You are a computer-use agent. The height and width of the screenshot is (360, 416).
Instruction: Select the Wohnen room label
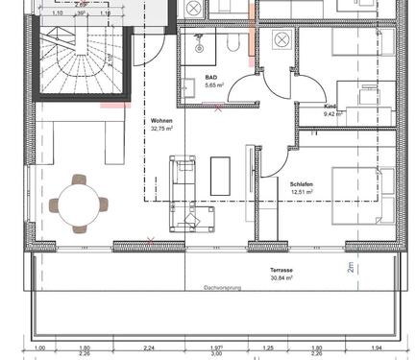tap(160, 121)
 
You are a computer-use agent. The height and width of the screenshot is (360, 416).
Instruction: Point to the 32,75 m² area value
tap(162, 129)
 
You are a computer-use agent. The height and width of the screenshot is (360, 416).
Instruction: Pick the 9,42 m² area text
tap(333, 113)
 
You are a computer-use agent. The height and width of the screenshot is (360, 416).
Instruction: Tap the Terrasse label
tap(282, 270)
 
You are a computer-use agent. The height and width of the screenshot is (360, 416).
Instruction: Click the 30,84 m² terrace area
tap(282, 278)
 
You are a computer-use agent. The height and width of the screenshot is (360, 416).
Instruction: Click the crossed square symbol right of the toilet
tap(282, 39)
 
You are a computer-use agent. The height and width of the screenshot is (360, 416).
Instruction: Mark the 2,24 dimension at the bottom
tap(149, 347)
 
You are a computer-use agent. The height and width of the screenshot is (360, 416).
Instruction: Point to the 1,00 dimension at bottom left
tap(39, 347)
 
